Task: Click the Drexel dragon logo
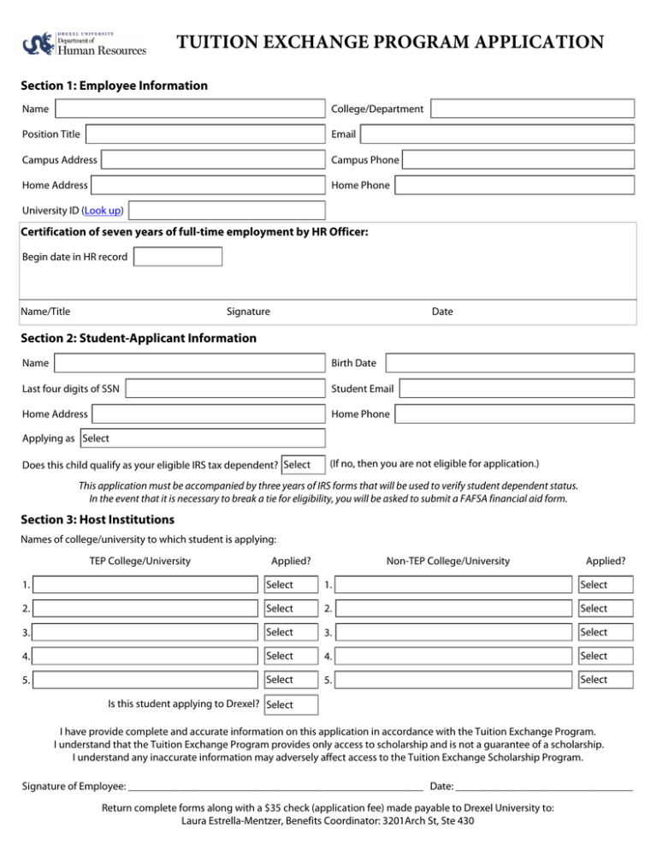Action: coord(38,42)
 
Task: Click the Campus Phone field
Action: coord(518,159)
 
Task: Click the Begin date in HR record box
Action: coord(178,257)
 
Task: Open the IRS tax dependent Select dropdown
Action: coord(303,465)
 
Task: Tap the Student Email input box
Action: coord(517,390)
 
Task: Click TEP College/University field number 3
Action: coord(143,633)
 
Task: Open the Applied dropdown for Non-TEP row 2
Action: coord(606,609)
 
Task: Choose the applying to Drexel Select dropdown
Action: coord(290,705)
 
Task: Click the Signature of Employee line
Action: coord(274,785)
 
